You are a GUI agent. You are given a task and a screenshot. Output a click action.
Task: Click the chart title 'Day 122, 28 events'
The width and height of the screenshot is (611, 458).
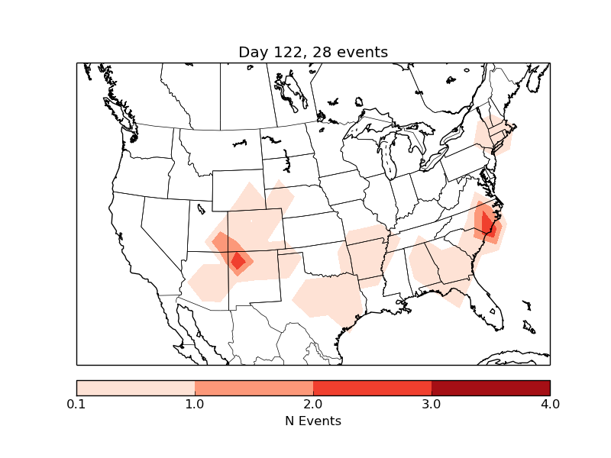coord(313,52)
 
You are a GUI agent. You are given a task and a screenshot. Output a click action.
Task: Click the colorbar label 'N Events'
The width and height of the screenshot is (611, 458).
coord(313,421)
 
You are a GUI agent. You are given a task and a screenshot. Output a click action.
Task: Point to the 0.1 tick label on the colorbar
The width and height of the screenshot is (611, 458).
coord(76,404)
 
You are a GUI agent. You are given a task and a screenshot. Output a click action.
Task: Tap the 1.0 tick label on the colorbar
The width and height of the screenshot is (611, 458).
coord(195,404)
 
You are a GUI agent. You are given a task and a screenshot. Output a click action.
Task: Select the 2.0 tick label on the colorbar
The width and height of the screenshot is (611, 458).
coord(313,404)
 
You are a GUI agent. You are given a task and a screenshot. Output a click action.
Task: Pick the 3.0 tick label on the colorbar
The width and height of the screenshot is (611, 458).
coord(432,404)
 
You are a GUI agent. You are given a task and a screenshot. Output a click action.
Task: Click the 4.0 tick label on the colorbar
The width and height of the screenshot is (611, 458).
coord(550,404)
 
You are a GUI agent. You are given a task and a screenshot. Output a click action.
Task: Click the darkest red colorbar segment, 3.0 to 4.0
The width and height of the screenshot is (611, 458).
coord(490,387)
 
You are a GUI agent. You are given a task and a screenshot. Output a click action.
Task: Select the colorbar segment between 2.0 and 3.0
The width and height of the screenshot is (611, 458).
coord(372,387)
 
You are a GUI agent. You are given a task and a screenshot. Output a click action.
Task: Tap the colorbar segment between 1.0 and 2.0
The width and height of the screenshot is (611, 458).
coord(254,387)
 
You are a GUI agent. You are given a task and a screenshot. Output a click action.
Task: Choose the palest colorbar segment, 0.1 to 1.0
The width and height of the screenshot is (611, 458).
coord(135,387)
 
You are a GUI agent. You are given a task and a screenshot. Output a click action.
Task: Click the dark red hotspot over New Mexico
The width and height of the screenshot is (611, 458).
coord(238,261)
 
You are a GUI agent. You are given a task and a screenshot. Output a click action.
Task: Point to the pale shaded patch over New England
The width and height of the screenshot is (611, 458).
coord(493,135)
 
